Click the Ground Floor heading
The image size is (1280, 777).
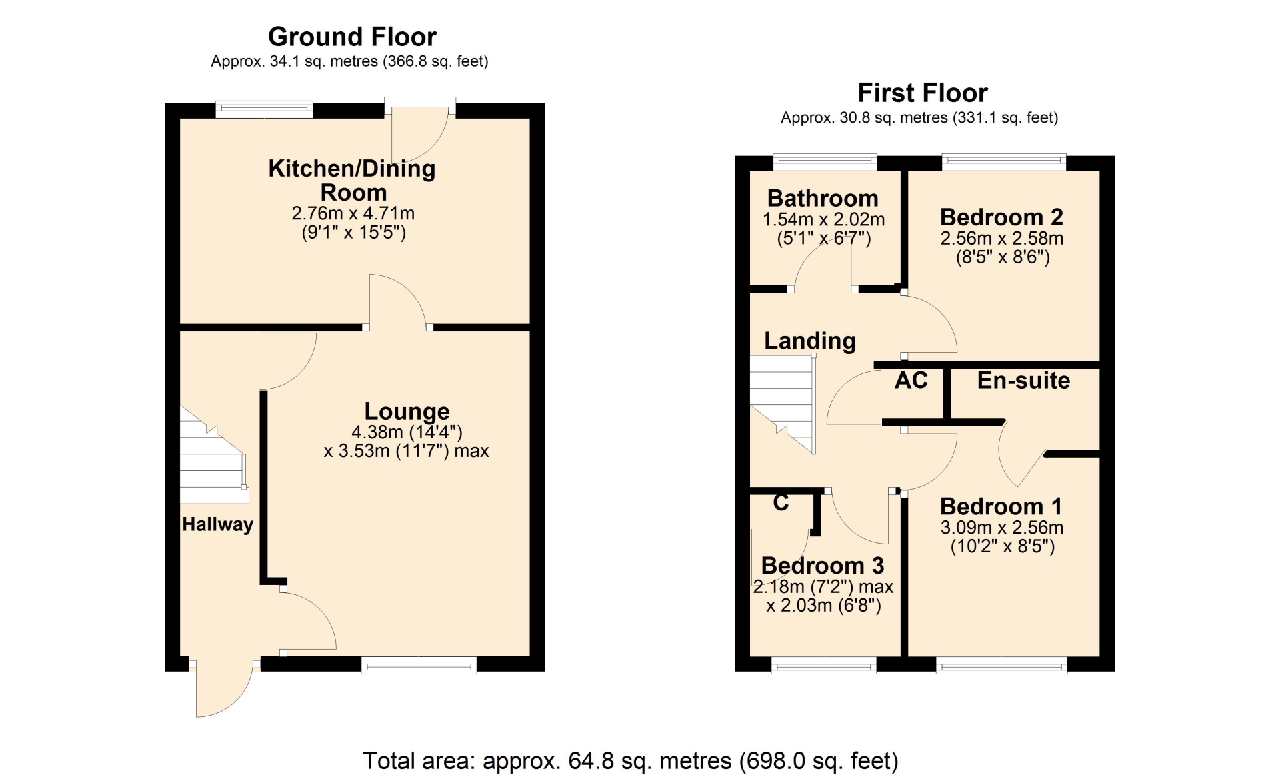pyautogui.click(x=352, y=37)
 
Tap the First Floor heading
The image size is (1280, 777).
pyautogui.click(x=923, y=93)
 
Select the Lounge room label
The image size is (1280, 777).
pyautogui.click(x=407, y=412)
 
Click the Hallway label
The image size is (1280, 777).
pyautogui.click(x=218, y=524)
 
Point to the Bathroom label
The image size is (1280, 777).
pyautogui.click(x=823, y=198)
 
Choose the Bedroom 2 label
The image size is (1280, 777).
pyautogui.click(x=1001, y=217)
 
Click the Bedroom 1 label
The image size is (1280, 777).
pyautogui.click(x=1001, y=506)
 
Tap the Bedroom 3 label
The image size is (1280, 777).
pyautogui.click(x=823, y=565)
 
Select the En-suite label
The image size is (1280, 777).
pyautogui.click(x=1023, y=380)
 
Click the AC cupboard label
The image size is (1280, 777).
pyautogui.click(x=911, y=380)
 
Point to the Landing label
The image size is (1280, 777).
pyautogui.click(x=810, y=341)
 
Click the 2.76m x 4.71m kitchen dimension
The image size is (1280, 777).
pyautogui.click(x=353, y=213)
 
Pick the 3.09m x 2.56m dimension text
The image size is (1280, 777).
pyautogui.click(x=1002, y=528)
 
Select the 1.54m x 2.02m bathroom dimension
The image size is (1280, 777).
pyautogui.click(x=824, y=219)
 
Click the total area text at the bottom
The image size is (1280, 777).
pyautogui.click(x=631, y=760)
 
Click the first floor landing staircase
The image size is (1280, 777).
pyautogui.click(x=783, y=404)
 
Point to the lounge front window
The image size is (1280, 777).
pyautogui.click(x=419, y=664)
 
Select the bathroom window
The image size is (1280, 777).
pyautogui.click(x=825, y=161)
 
